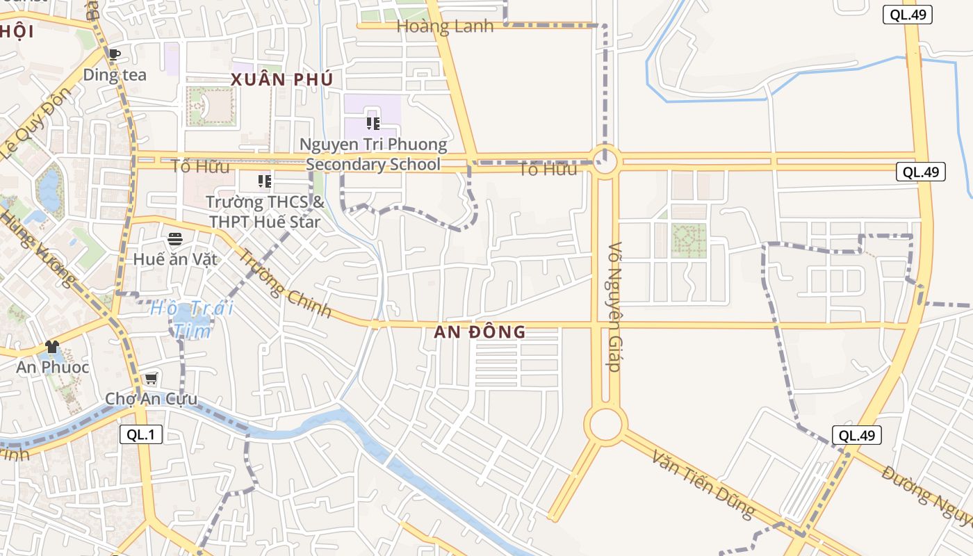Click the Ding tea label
115,74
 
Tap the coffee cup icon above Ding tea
115,54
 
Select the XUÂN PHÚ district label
282,79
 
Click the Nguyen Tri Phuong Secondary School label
373,154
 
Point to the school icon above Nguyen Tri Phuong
373,124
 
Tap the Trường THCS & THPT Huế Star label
265,212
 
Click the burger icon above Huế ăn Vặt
175,239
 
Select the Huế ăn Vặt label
175,259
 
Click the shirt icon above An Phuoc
52,346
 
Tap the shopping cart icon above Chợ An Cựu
151,379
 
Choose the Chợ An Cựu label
151,399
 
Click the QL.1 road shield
141,435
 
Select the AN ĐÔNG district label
480,332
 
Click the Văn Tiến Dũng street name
703,484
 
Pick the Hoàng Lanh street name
445,26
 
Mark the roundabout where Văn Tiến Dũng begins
605,424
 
